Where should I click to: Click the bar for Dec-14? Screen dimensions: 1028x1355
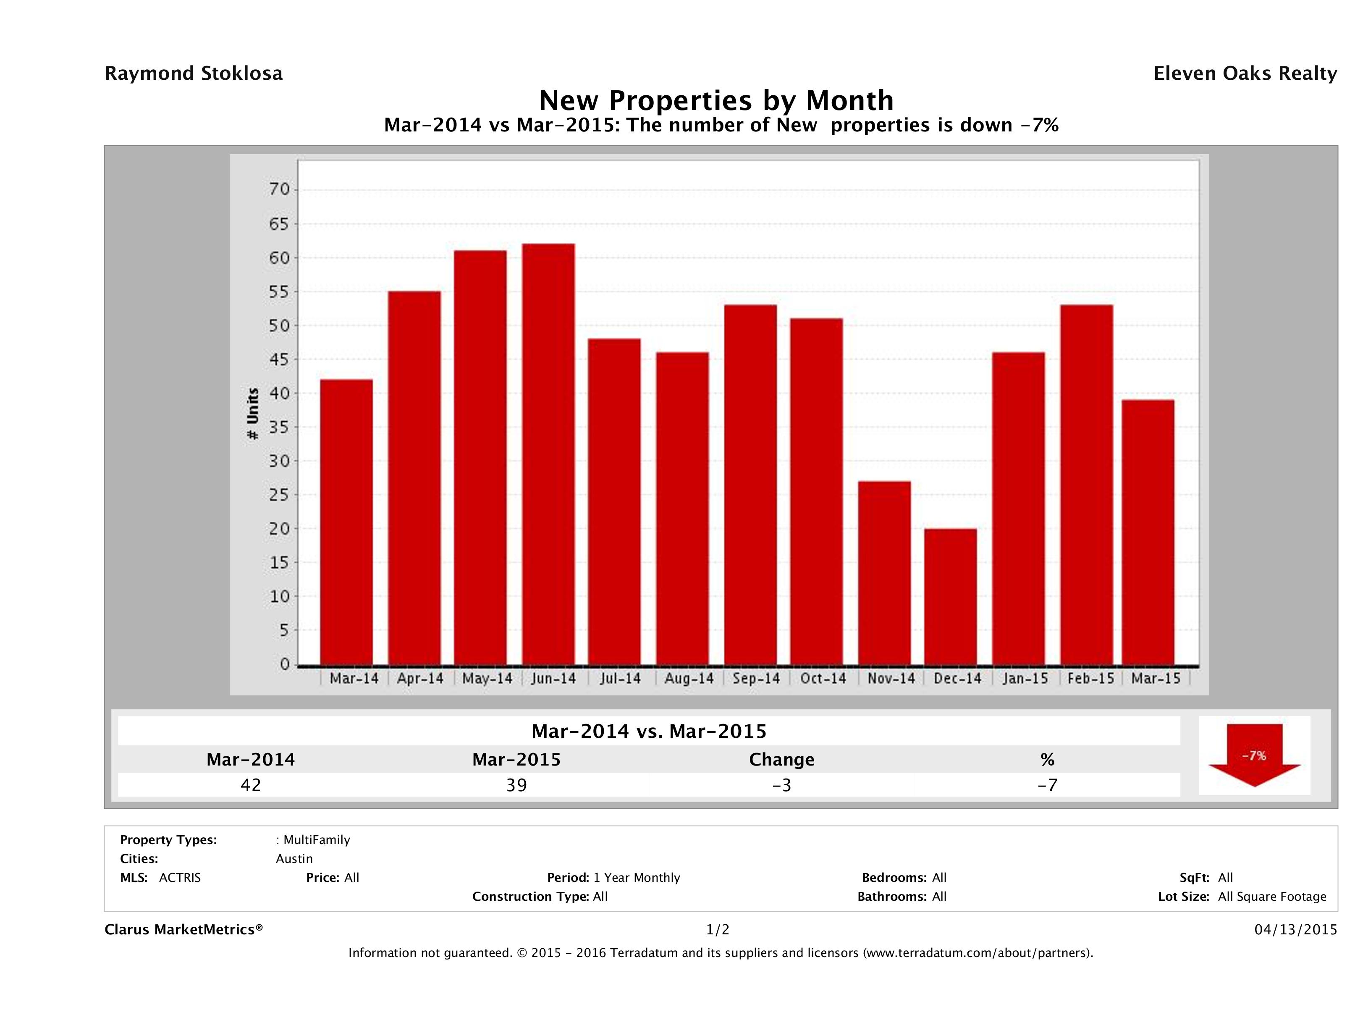pos(950,597)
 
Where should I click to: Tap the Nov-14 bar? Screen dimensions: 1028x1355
pos(884,573)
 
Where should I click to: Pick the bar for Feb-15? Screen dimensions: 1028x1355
pos(1086,485)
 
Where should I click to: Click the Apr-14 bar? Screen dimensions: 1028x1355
pos(414,478)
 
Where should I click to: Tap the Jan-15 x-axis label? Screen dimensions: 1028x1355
pos(1025,678)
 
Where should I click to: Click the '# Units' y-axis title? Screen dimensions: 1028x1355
pos(252,414)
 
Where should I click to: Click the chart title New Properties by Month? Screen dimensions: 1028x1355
pos(716,100)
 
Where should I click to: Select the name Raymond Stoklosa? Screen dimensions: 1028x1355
pos(194,73)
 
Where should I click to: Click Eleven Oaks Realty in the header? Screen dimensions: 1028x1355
pos(1245,73)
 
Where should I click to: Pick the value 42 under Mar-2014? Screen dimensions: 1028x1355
pos(251,785)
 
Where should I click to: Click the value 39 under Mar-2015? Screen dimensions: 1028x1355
pos(516,785)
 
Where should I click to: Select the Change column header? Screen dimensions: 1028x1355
pos(782,760)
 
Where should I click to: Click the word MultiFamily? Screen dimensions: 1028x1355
pos(316,840)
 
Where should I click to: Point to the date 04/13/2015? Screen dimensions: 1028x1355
pos(1295,929)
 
